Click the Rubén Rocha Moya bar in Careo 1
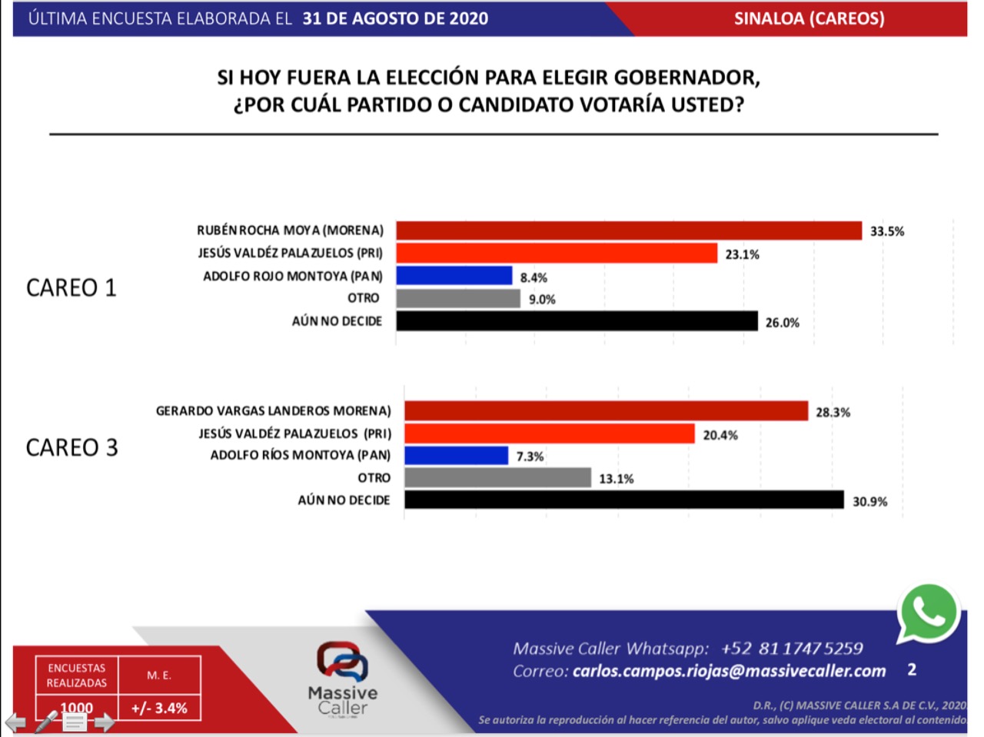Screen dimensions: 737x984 (x=629, y=231)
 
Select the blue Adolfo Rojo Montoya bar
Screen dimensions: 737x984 (x=454, y=276)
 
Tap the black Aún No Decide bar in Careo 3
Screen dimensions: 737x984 (x=624, y=500)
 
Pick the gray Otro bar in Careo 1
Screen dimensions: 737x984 (x=458, y=299)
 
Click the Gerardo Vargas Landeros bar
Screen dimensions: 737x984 (x=607, y=411)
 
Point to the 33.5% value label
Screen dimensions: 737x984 (x=887, y=231)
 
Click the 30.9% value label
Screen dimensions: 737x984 (x=869, y=502)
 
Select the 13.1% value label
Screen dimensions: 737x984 (x=617, y=479)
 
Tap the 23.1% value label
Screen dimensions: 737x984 (x=742, y=254)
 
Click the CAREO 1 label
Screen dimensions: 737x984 (x=71, y=287)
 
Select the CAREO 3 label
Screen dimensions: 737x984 (x=71, y=447)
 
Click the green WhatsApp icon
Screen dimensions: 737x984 (x=929, y=613)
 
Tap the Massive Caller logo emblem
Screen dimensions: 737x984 (x=342, y=661)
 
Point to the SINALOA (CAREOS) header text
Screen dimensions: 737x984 (x=809, y=18)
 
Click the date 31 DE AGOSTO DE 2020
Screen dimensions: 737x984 (x=395, y=18)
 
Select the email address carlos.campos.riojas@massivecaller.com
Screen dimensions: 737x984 (x=729, y=671)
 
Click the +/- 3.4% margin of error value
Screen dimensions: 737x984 (x=159, y=708)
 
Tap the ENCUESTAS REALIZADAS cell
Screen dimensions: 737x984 (x=77, y=676)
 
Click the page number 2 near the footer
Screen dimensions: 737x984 (x=912, y=669)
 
